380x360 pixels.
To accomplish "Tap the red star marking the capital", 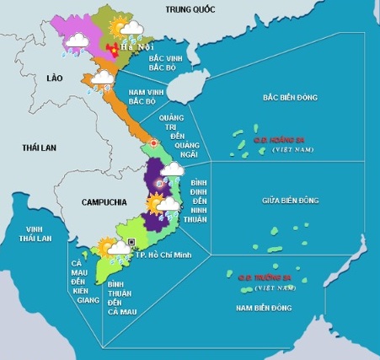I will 115,50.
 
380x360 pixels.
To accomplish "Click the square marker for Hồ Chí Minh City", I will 133,244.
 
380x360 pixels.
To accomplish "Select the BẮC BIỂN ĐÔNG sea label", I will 290,99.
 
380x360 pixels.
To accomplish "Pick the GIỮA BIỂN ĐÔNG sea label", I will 292,201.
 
